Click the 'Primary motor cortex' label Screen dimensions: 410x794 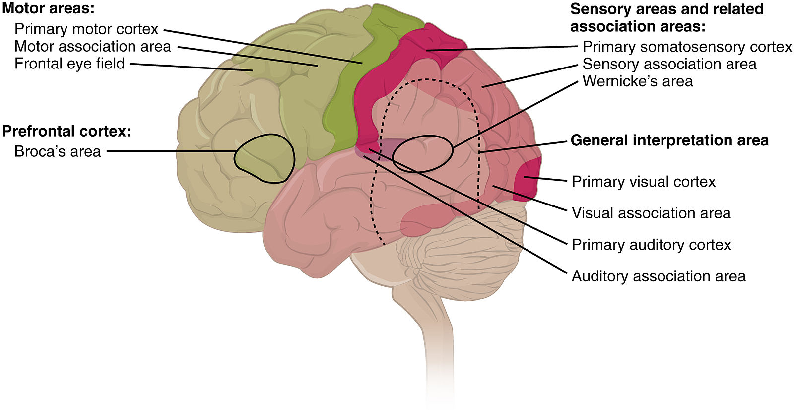(86, 29)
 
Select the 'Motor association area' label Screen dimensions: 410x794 (93, 47)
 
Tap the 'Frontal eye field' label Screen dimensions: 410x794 (69, 64)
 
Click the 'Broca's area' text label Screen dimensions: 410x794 (58, 151)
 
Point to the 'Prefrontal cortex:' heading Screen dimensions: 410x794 (66, 132)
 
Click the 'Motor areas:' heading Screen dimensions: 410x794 (48, 8)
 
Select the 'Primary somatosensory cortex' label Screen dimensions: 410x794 (687, 47)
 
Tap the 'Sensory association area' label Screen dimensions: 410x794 (669, 64)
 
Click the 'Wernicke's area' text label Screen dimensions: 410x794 (637, 81)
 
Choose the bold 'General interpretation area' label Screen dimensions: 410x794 (669, 140)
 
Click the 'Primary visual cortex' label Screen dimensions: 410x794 (644, 182)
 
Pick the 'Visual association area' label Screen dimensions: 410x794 (651, 213)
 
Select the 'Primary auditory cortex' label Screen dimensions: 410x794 (651, 245)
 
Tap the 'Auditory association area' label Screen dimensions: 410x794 (659, 276)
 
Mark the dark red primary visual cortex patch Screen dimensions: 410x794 (527, 179)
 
